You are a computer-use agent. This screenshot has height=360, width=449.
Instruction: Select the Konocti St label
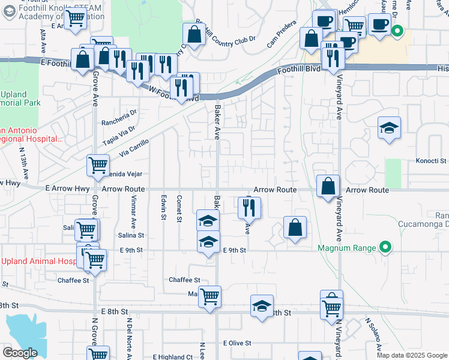432,161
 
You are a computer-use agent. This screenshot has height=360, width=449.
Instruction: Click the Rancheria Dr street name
119,112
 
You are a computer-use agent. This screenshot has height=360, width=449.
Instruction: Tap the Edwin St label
163,208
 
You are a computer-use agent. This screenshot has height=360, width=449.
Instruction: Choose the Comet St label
179,208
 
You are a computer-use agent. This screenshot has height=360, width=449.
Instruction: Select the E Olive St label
236,343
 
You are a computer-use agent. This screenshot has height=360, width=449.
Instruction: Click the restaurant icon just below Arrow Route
248,208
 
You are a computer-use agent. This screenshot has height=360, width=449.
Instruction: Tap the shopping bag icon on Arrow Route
328,186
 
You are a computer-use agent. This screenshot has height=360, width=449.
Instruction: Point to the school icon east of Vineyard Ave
389,127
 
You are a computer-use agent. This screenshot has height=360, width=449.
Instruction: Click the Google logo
20,352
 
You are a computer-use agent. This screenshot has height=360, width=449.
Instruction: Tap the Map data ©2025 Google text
411,355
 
